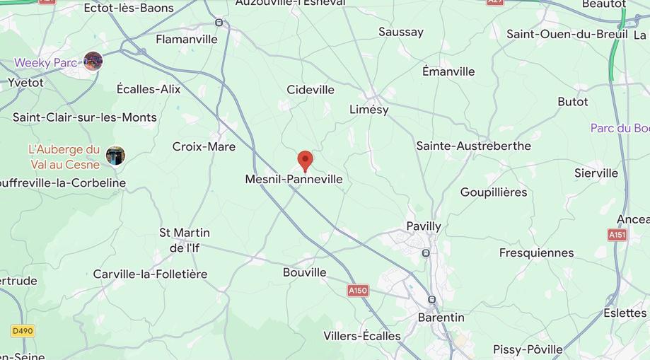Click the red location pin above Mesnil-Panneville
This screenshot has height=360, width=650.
tap(305, 161)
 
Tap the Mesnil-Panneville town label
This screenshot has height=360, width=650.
tap(294, 180)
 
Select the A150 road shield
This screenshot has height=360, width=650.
tap(358, 291)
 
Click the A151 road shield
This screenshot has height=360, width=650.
tap(617, 235)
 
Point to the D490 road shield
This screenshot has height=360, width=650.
tap(23, 331)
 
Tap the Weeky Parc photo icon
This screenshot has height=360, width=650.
tap(93, 62)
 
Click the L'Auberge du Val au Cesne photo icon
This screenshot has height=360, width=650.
tap(115, 156)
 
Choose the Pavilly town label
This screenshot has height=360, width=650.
tap(424, 226)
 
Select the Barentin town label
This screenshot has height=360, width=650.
tap(441, 318)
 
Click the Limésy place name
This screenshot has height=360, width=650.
tap(369, 110)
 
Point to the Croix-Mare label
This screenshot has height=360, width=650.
tap(204, 146)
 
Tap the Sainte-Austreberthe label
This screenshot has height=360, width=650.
tap(473, 146)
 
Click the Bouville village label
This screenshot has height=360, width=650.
tap(305, 272)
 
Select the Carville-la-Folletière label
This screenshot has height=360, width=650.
tap(150, 274)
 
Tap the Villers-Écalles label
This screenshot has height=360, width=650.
tap(362, 336)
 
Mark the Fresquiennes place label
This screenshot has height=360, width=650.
tap(536, 253)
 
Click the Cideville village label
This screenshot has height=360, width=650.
tap(311, 90)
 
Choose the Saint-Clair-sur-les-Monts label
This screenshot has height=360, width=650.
tap(85, 117)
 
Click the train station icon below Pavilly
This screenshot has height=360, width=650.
tap(426, 252)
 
